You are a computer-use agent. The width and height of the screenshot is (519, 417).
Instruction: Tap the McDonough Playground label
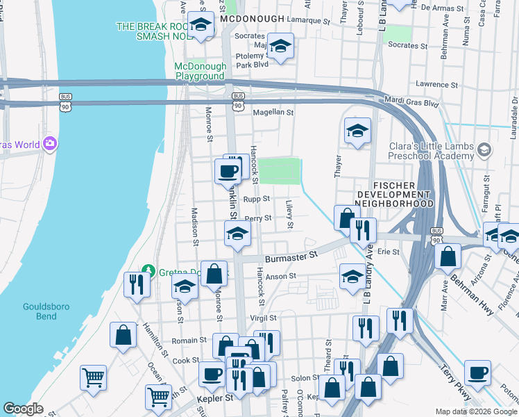[x=200, y=71]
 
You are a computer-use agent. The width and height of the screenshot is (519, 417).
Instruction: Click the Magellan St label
[x=273, y=112]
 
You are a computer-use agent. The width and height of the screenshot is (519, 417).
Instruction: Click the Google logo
[x=24, y=409]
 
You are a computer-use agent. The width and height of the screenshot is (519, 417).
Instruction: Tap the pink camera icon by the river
[x=49, y=144]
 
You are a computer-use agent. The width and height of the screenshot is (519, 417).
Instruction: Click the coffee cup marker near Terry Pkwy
[x=477, y=372]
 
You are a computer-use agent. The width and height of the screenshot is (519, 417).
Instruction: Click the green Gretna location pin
[x=146, y=270]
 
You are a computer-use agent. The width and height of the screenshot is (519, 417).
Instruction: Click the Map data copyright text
[x=476, y=411]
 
